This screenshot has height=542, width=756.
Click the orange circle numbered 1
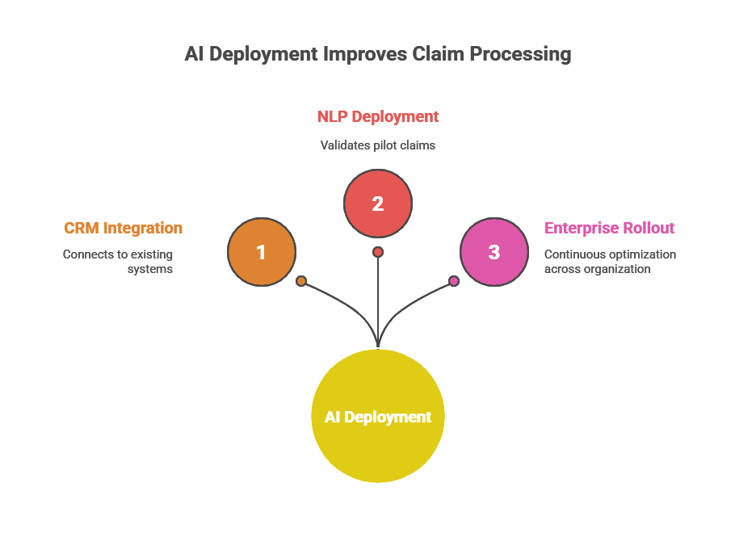pos(261,252)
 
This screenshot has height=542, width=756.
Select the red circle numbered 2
pos(378,204)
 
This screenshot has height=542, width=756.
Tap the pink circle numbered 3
pos(494,251)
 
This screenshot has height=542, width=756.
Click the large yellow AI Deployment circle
pos(378,417)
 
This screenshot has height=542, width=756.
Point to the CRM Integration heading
pos(124,228)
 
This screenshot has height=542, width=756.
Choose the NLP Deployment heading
pos(378,116)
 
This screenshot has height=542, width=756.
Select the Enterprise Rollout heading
pos(609,228)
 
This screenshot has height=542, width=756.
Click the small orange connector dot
pos(301,281)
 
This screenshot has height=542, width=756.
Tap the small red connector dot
pos(378,252)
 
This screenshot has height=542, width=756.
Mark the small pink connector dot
pos(454,281)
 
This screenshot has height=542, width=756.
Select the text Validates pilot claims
pos(378,145)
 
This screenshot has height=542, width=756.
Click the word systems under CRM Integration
pos(150,269)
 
